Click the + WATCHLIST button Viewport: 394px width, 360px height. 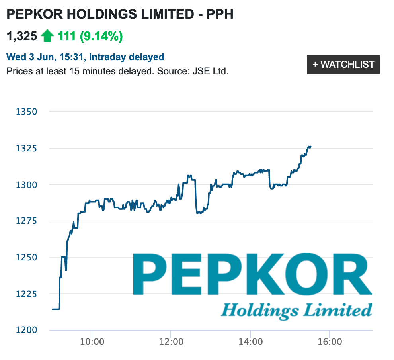(x=343, y=65)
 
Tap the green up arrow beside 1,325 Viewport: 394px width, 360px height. (x=47, y=36)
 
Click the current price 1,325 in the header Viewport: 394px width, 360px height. (x=22, y=37)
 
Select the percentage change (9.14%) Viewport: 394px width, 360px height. (x=101, y=37)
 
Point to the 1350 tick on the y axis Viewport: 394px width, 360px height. (x=26, y=112)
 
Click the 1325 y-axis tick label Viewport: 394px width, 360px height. (x=26, y=149)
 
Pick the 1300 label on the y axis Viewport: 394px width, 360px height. (x=26, y=185)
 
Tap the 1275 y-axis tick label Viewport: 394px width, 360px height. (x=26, y=221)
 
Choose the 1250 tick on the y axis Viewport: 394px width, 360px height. (x=26, y=258)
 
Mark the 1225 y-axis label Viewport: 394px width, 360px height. (x=26, y=294)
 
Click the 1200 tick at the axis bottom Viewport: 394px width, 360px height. (x=26, y=330)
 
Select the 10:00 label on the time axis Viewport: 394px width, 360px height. (x=92, y=342)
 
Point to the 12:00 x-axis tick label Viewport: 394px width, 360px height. (x=171, y=342)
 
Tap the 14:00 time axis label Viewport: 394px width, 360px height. (x=250, y=342)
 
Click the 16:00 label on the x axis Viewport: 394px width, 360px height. (x=329, y=342)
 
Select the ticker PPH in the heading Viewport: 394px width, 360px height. (x=220, y=15)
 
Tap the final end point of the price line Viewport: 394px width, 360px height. (x=310, y=147)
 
